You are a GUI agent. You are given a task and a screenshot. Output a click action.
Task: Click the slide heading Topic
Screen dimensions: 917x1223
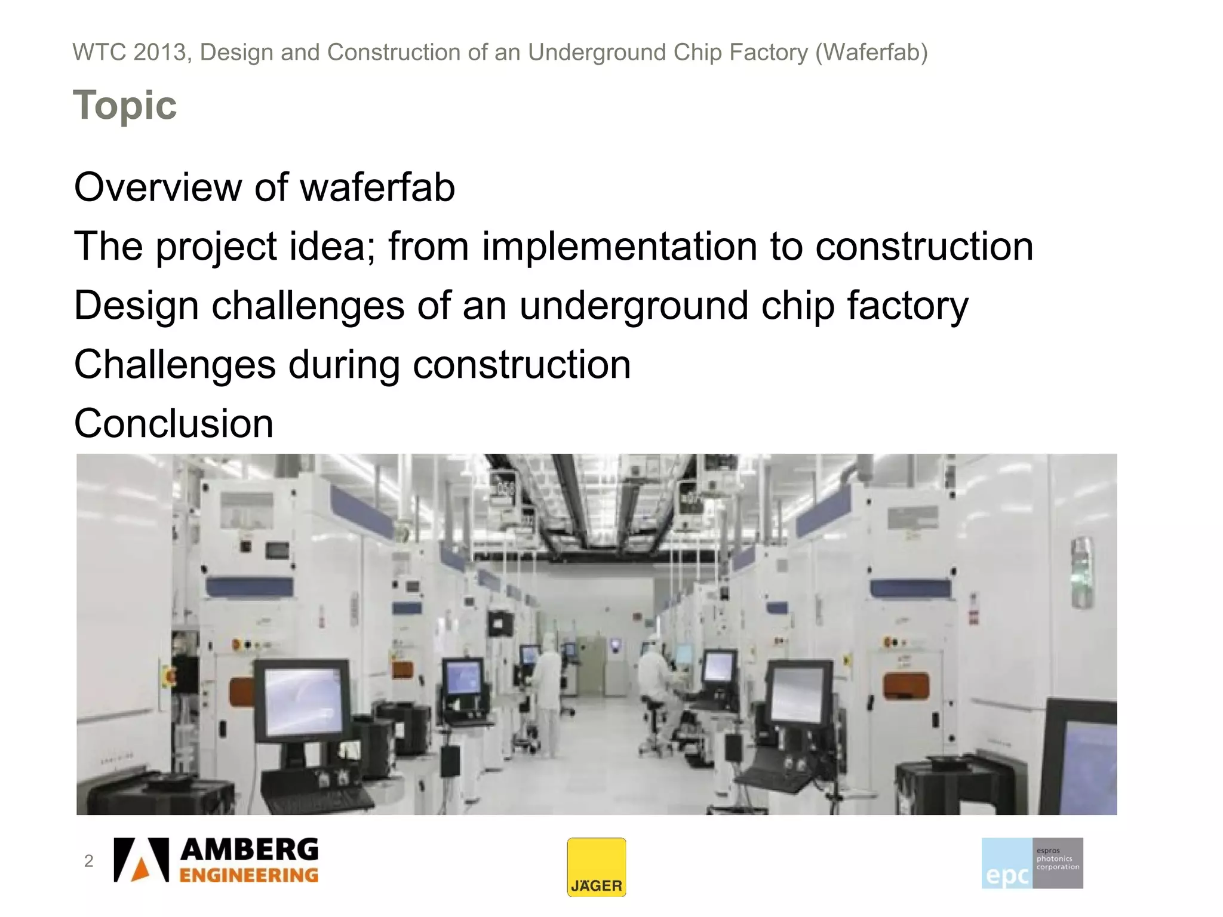click(125, 105)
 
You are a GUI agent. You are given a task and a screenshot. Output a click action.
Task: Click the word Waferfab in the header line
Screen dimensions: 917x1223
click(871, 53)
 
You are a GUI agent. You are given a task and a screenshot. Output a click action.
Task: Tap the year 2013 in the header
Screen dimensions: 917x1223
click(160, 53)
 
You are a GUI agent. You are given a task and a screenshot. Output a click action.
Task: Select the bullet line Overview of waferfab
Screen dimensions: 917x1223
click(265, 187)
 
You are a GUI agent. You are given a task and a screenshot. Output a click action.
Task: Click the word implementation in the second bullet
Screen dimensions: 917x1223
click(619, 246)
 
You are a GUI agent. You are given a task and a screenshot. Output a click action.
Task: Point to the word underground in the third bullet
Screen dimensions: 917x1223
click(633, 306)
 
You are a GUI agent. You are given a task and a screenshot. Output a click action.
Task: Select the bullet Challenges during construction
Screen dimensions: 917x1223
click(352, 364)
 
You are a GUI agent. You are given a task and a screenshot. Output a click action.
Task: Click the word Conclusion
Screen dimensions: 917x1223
click(174, 423)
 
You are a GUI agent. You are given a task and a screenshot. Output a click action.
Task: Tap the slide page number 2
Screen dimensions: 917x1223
click(89, 861)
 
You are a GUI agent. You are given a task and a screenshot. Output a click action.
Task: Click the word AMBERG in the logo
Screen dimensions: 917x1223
click(250, 850)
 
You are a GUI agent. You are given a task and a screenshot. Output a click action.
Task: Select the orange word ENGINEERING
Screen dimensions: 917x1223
click(249, 875)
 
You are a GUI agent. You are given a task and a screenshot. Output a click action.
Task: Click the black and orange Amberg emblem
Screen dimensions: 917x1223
click(142, 860)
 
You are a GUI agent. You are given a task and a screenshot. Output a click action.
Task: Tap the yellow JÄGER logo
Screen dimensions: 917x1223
click(596, 867)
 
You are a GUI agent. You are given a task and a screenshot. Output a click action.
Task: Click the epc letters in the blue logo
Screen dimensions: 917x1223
click(1007, 875)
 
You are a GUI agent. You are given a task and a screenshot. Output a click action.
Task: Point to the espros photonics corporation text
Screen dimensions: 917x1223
click(1057, 858)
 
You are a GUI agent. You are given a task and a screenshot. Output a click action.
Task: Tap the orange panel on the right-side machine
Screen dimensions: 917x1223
click(906, 685)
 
